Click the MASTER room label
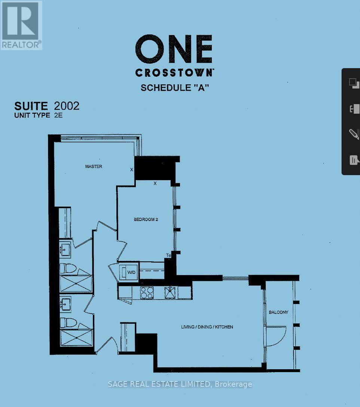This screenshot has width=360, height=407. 93,166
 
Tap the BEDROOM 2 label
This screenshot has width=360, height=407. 146,219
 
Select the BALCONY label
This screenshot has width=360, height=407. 278,312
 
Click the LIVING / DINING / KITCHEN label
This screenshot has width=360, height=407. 207,327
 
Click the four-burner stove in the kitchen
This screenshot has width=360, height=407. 146,292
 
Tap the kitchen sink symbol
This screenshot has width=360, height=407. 171,292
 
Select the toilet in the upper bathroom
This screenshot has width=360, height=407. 68,268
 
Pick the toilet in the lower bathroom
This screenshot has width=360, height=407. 68,322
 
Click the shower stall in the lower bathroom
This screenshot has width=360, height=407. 76,338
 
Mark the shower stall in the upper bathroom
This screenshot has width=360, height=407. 76,283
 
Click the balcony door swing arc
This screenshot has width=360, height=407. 277,335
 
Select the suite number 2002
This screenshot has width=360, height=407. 67,106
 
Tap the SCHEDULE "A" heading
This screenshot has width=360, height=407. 174,88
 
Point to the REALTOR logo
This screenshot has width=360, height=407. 21,25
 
